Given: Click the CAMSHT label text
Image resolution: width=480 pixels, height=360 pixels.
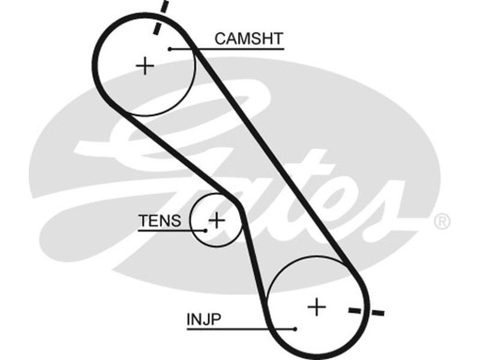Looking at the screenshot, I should coord(248,39).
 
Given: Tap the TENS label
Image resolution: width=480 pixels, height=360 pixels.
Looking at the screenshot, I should coord(159,221).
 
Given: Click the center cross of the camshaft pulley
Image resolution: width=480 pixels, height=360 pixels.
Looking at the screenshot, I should coord(145,65).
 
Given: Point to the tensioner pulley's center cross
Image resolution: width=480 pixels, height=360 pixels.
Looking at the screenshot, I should coord(217,221).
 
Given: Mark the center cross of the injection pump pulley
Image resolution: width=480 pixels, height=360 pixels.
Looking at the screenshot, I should coord(316,307).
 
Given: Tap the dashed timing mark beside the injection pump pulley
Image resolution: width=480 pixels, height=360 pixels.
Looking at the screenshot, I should coord(366,311).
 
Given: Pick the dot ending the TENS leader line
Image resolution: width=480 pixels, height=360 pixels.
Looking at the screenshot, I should coord(204,230).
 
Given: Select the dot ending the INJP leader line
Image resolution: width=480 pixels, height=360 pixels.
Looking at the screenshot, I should coord(295,329).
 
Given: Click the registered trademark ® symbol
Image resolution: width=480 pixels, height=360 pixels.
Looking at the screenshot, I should coord(442,221).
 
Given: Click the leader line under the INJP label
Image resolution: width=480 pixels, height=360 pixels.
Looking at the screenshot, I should coord(240,329).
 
